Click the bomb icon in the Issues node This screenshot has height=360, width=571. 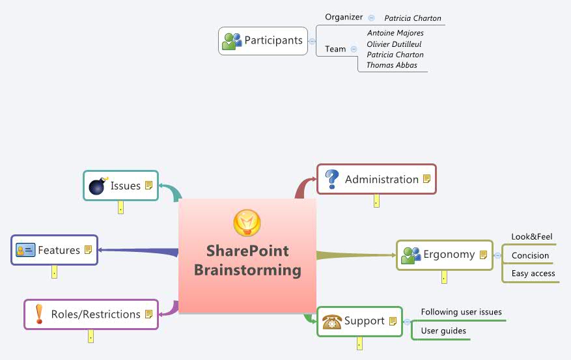(97, 186)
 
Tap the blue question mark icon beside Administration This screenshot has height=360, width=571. (332, 179)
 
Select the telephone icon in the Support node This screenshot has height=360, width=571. (332, 321)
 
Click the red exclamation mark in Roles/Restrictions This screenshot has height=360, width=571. (38, 314)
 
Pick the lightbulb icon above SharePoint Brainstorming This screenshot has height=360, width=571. (247, 223)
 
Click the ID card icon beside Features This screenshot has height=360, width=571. (25, 251)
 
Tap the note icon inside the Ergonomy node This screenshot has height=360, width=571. (483, 255)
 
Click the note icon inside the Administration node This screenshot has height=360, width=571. (426, 179)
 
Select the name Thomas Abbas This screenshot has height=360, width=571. (392, 65)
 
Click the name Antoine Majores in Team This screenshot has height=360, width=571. (395, 33)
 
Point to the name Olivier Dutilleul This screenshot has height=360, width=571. (395, 44)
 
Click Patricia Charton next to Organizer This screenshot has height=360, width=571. (412, 18)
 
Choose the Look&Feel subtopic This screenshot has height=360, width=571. (531, 237)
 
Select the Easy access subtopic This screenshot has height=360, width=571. (533, 273)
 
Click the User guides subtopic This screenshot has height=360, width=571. (443, 331)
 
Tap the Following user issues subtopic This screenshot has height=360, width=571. (461, 312)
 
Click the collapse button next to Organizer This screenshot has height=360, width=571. (371, 18)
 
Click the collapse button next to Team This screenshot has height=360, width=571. (354, 49)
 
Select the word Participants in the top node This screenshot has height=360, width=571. (273, 40)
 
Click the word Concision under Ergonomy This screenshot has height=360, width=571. (530, 256)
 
